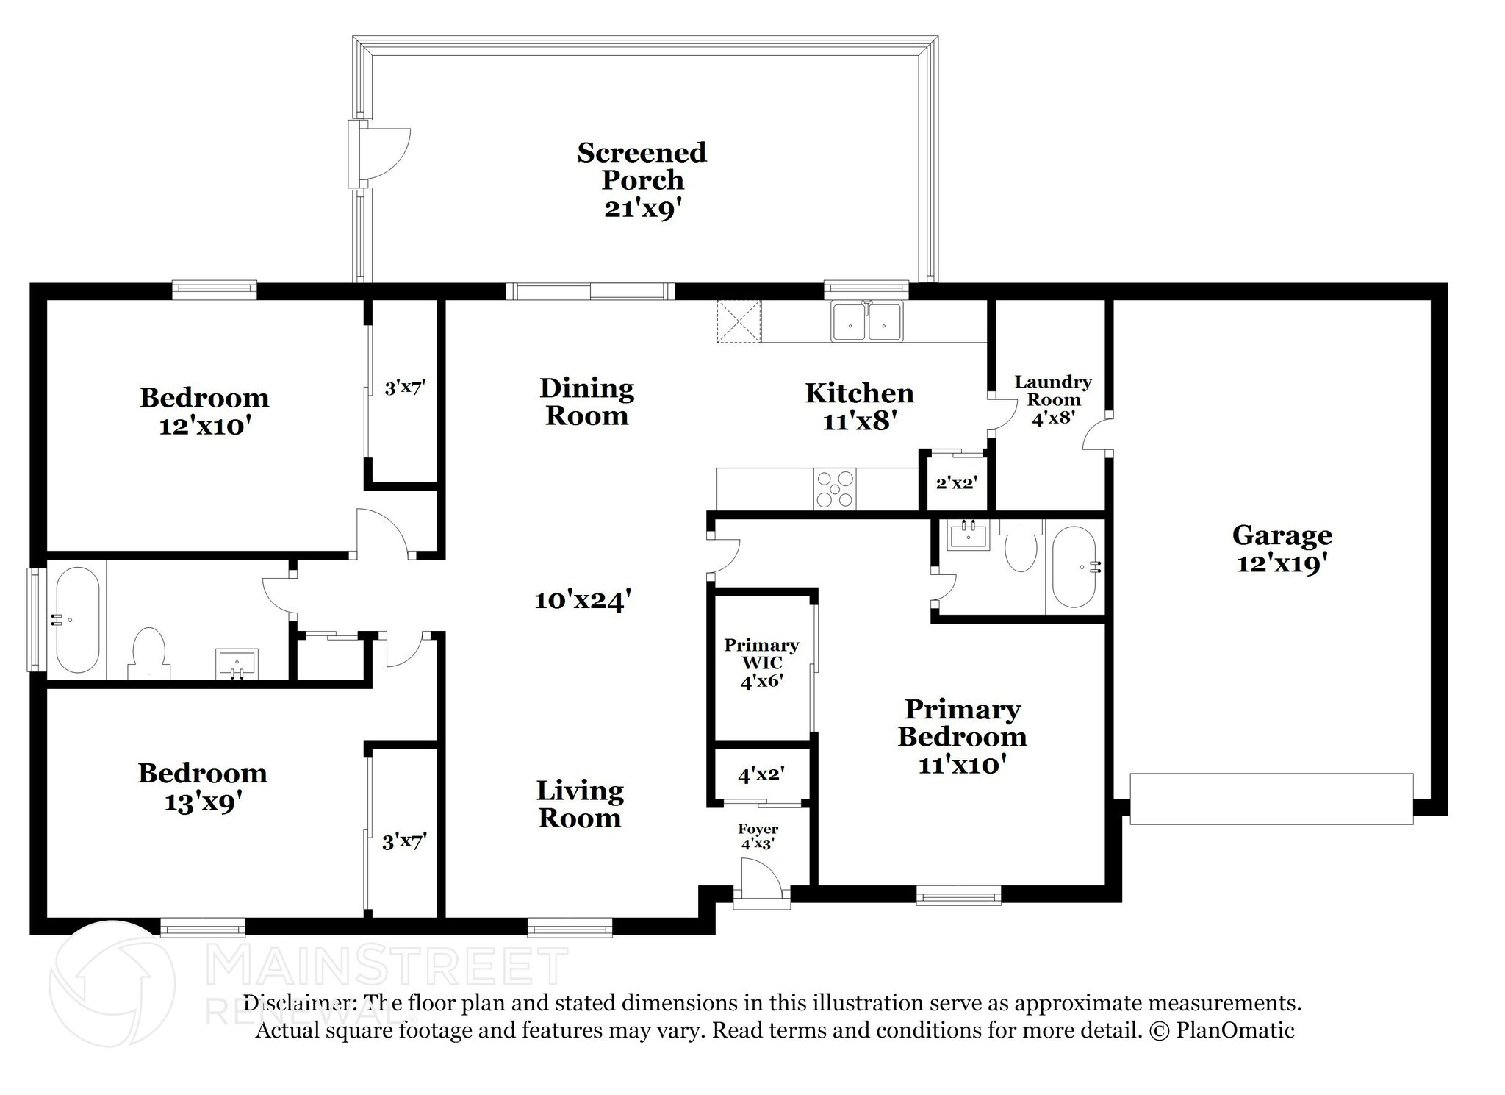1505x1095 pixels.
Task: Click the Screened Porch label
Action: point(642,166)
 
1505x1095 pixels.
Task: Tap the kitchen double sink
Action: point(867,321)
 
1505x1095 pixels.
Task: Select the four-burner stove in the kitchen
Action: point(835,488)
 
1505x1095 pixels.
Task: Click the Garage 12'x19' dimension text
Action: point(1282,563)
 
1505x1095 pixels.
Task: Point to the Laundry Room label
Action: point(1053,390)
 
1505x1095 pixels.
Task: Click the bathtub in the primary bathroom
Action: point(1075,566)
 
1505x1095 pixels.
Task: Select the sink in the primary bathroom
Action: point(968,535)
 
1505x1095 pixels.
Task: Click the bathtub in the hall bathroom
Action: point(77,621)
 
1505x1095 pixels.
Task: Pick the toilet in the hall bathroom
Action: point(149,654)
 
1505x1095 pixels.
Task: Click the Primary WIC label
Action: point(761,654)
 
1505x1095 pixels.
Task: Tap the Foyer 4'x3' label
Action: point(758,837)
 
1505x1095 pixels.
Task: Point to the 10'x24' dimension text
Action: point(583,601)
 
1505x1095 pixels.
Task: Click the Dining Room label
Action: point(586,402)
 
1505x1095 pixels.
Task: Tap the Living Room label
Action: point(580,804)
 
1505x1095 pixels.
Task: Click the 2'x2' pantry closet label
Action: point(955,483)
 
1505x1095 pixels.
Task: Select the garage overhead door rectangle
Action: point(1271,799)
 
